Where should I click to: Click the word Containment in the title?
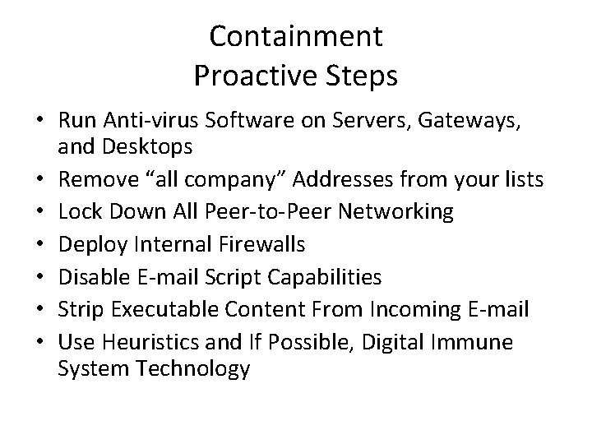[x=296, y=36]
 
